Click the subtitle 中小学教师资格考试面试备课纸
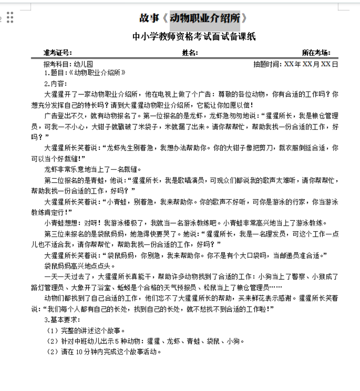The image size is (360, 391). click(x=194, y=37)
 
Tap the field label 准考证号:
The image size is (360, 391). click(x=58, y=53)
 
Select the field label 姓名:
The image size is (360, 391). click(x=190, y=53)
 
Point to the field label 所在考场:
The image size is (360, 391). click(x=316, y=53)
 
